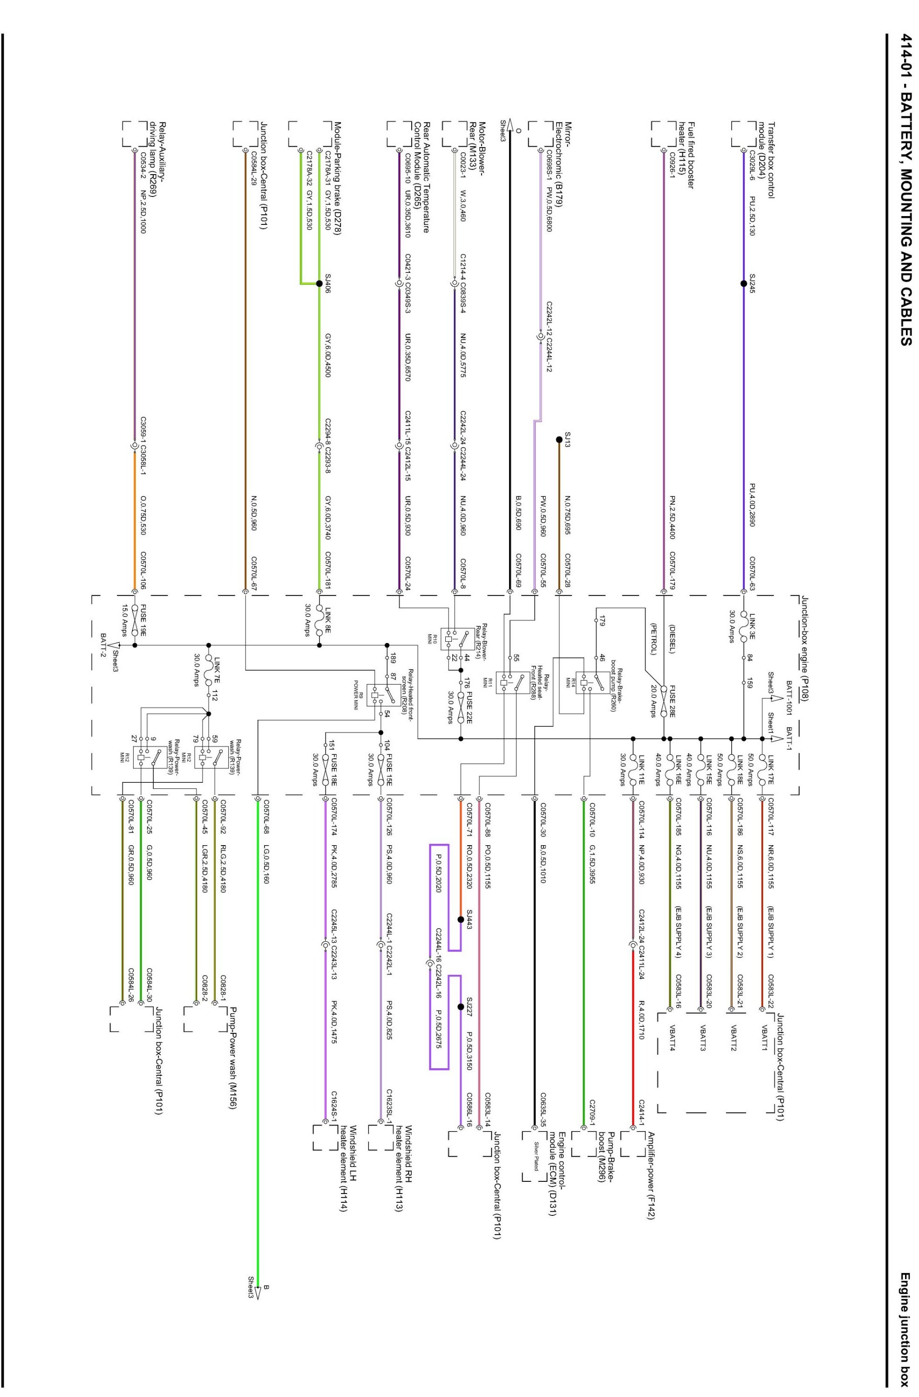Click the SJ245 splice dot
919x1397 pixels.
(743, 282)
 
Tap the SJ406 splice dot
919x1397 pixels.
(320, 282)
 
